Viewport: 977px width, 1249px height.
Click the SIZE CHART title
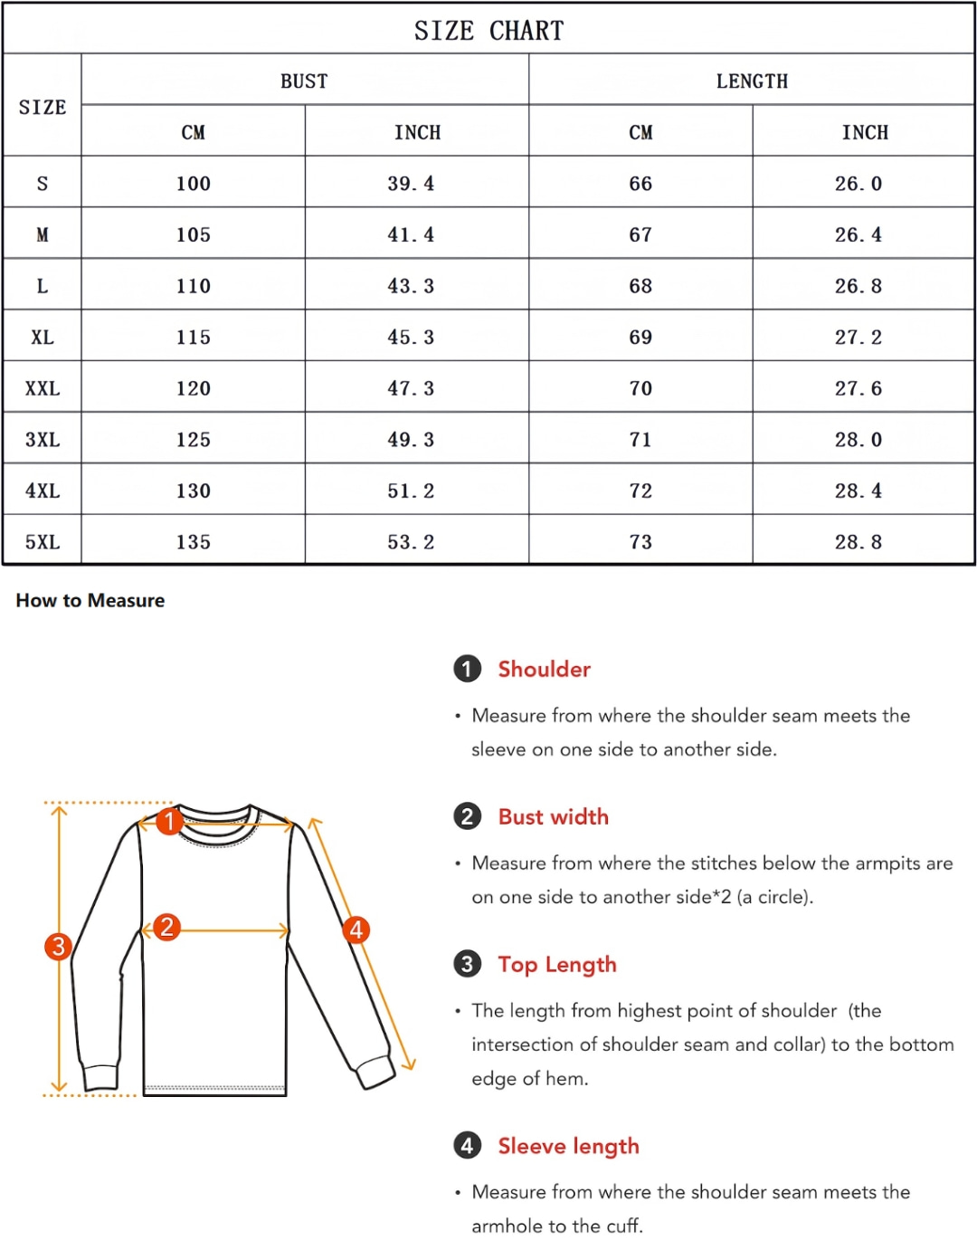click(488, 31)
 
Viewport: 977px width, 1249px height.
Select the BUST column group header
click(304, 81)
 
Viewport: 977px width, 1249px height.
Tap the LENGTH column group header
click(752, 81)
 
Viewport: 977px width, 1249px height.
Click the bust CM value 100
click(193, 184)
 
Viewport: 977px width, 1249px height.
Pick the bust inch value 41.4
click(411, 235)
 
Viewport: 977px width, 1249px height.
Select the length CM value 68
click(640, 286)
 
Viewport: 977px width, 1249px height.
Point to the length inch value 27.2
click(858, 338)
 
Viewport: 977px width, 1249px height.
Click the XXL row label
click(43, 388)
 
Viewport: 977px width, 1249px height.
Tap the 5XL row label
click(43, 542)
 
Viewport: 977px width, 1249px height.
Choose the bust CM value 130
click(193, 491)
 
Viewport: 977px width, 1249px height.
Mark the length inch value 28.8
click(858, 542)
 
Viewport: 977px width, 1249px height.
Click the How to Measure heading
click(90, 600)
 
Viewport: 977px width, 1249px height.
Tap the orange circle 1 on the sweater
click(169, 822)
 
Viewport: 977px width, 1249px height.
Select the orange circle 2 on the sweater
click(166, 927)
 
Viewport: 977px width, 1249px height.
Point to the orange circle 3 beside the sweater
click(59, 947)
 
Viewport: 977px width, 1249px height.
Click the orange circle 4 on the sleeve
click(356, 930)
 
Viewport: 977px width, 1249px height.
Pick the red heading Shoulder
click(544, 669)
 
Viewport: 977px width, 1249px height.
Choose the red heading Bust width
click(553, 816)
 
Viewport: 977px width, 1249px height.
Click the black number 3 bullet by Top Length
click(467, 964)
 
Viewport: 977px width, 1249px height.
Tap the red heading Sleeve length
click(568, 1146)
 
